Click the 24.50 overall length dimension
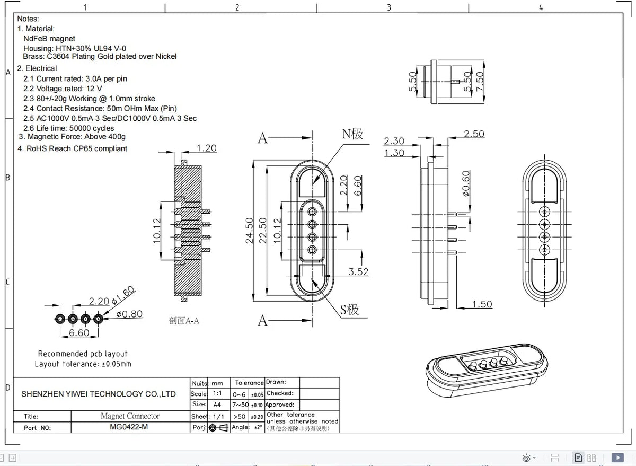tap(249, 231)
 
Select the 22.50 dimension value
tap(263, 231)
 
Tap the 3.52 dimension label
tap(358, 272)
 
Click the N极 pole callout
tap(352, 134)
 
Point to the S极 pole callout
tap(349, 310)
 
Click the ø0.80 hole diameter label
tap(129, 314)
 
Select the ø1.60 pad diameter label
tap(122, 295)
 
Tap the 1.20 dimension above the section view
tap(206, 148)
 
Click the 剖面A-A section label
tap(184, 321)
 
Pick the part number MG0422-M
tap(129, 427)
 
